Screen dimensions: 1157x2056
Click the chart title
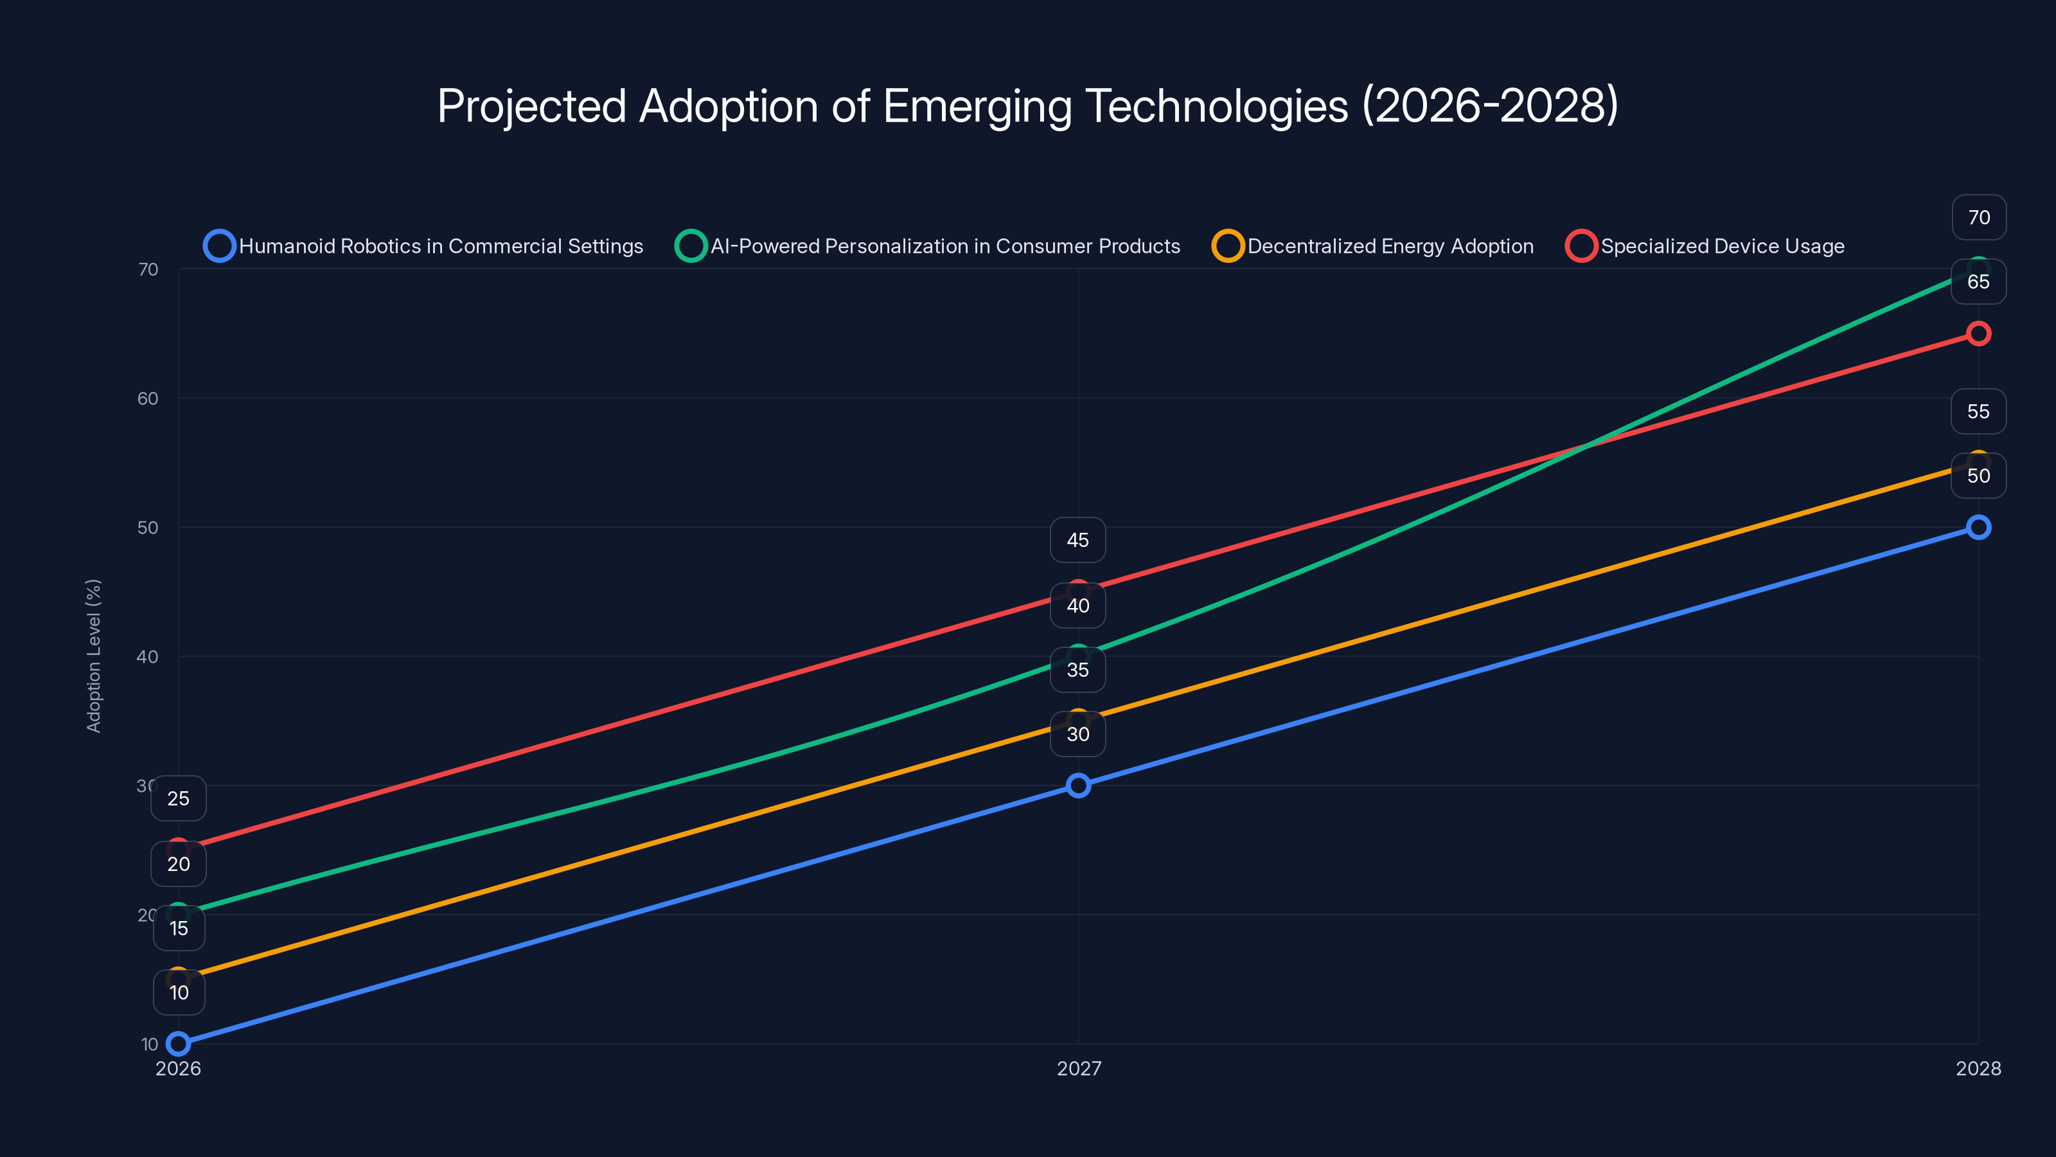tap(1028, 106)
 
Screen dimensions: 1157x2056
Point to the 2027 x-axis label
tap(1078, 1068)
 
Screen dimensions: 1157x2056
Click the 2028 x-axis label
tap(1978, 1068)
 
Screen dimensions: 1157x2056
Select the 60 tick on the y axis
tap(148, 399)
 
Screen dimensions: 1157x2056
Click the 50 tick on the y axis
tap(148, 528)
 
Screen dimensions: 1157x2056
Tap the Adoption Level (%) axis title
tap(94, 656)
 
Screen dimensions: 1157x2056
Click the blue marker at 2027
tap(1078, 785)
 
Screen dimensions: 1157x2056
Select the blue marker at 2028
tap(1978, 527)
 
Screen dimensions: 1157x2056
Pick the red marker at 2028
tap(1978, 334)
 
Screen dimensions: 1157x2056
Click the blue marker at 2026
tap(179, 1044)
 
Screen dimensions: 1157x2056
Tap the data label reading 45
tap(1077, 541)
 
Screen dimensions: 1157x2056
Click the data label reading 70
tap(1979, 217)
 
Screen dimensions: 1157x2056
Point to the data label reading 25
tap(179, 798)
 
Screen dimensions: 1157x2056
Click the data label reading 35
tap(1077, 670)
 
